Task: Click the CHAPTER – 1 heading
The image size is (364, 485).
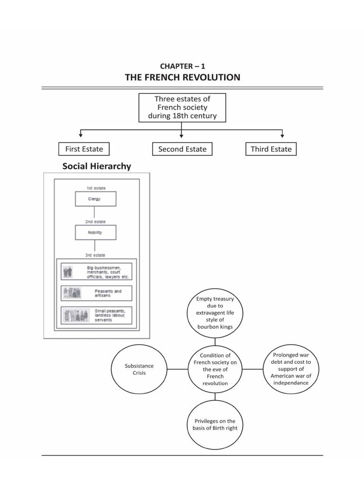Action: [x=182, y=66]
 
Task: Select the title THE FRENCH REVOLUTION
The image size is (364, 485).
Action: [x=182, y=77]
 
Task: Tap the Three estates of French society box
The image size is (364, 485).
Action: [x=182, y=108]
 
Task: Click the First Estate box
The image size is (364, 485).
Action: [x=84, y=149]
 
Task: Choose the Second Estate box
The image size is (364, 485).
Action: [x=182, y=149]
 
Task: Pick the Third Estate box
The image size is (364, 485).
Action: [x=271, y=149]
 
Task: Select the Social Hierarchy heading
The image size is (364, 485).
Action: [x=97, y=166]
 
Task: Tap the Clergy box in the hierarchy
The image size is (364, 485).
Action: [x=95, y=199]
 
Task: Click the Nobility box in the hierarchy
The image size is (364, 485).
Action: [x=95, y=233]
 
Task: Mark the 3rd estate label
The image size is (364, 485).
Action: [x=95, y=255]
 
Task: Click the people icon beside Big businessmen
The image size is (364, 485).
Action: [x=68, y=272]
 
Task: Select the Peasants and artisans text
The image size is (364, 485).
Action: [x=108, y=293]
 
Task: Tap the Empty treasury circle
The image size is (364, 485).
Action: [x=215, y=313]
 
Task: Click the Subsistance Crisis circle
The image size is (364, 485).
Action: [x=139, y=369]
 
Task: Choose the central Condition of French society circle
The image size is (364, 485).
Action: [x=215, y=369]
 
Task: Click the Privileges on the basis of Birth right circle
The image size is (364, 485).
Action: [x=216, y=424]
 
